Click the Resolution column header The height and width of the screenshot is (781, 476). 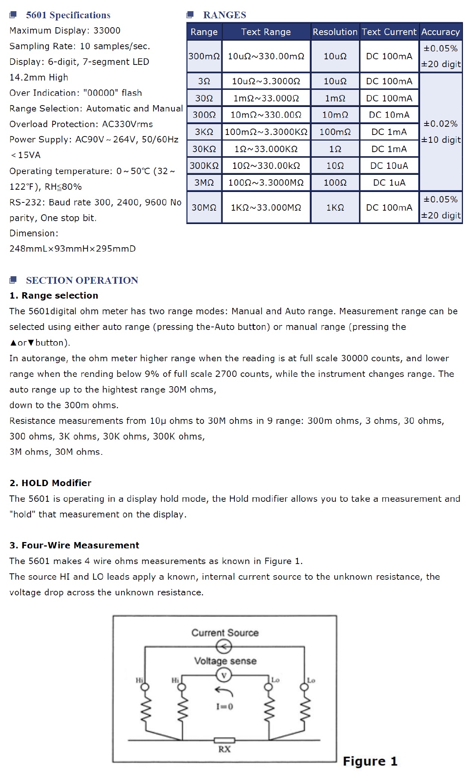click(x=335, y=32)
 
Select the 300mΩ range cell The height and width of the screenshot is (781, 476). click(x=204, y=56)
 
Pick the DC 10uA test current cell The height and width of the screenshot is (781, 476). click(x=389, y=166)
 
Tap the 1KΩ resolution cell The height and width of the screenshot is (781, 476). click(x=335, y=208)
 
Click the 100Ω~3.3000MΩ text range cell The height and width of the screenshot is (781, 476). click(x=266, y=183)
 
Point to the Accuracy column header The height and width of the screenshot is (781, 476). click(x=440, y=32)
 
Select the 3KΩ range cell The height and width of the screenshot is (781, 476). click(x=204, y=132)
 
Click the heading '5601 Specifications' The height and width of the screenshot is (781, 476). click(x=68, y=15)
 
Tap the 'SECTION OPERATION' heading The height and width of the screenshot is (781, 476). click(x=82, y=280)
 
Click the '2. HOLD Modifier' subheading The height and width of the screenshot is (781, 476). click(x=50, y=483)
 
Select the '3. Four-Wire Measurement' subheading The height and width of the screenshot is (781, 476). click(x=74, y=545)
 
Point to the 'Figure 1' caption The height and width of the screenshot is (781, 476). click(x=370, y=761)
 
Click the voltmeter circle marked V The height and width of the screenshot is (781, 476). click(x=224, y=675)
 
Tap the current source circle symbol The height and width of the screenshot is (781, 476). click(x=224, y=647)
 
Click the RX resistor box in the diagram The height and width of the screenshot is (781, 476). click(x=224, y=740)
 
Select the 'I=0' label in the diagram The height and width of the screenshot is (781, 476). click(x=224, y=706)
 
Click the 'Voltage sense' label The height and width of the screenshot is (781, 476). click(x=225, y=661)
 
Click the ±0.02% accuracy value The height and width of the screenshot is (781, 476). click(x=440, y=124)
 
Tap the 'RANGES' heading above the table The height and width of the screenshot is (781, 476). click(x=224, y=15)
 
